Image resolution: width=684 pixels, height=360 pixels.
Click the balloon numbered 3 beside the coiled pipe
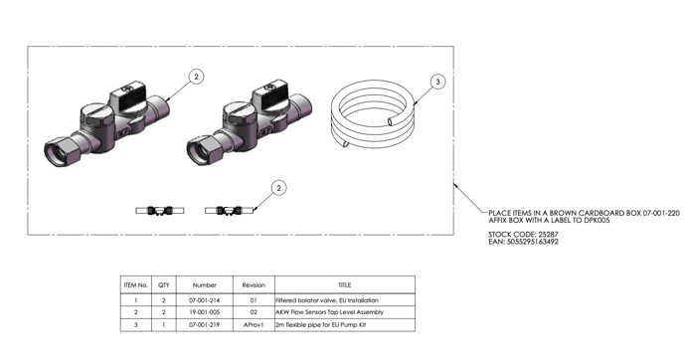tap(437, 82)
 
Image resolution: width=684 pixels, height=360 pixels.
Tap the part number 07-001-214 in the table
tap(204, 300)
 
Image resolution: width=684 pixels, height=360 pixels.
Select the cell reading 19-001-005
tap(204, 312)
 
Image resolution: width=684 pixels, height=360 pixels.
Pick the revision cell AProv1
tap(254, 324)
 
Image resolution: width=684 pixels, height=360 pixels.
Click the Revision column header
tap(254, 285)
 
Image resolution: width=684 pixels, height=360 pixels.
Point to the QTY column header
tap(164, 285)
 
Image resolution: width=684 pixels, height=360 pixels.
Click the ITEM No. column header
tap(135, 285)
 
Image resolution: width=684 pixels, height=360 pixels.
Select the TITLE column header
tap(345, 285)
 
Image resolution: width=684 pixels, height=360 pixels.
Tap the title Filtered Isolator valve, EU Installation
tap(327, 300)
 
